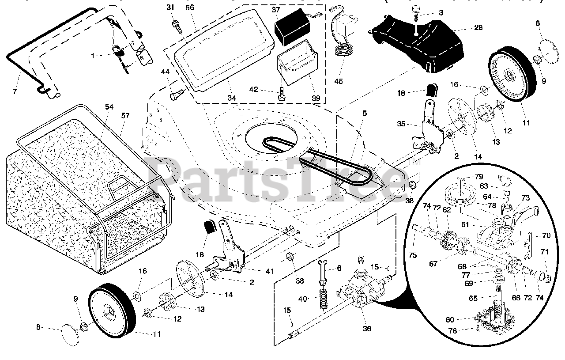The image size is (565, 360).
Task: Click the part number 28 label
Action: coord(478,27)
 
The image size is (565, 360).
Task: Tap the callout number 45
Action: coord(338,81)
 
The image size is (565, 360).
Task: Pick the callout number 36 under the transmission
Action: coord(367,328)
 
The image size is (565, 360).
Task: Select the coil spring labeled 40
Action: coord(324,295)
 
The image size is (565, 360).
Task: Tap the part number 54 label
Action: coord(109,107)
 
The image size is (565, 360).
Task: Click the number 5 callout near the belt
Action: coord(364,114)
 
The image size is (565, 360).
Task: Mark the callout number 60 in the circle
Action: coord(450,319)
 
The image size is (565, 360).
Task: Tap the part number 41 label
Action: coord(270,271)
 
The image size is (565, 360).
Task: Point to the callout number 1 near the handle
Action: coord(93,56)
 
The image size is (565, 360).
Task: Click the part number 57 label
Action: coord(125,116)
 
